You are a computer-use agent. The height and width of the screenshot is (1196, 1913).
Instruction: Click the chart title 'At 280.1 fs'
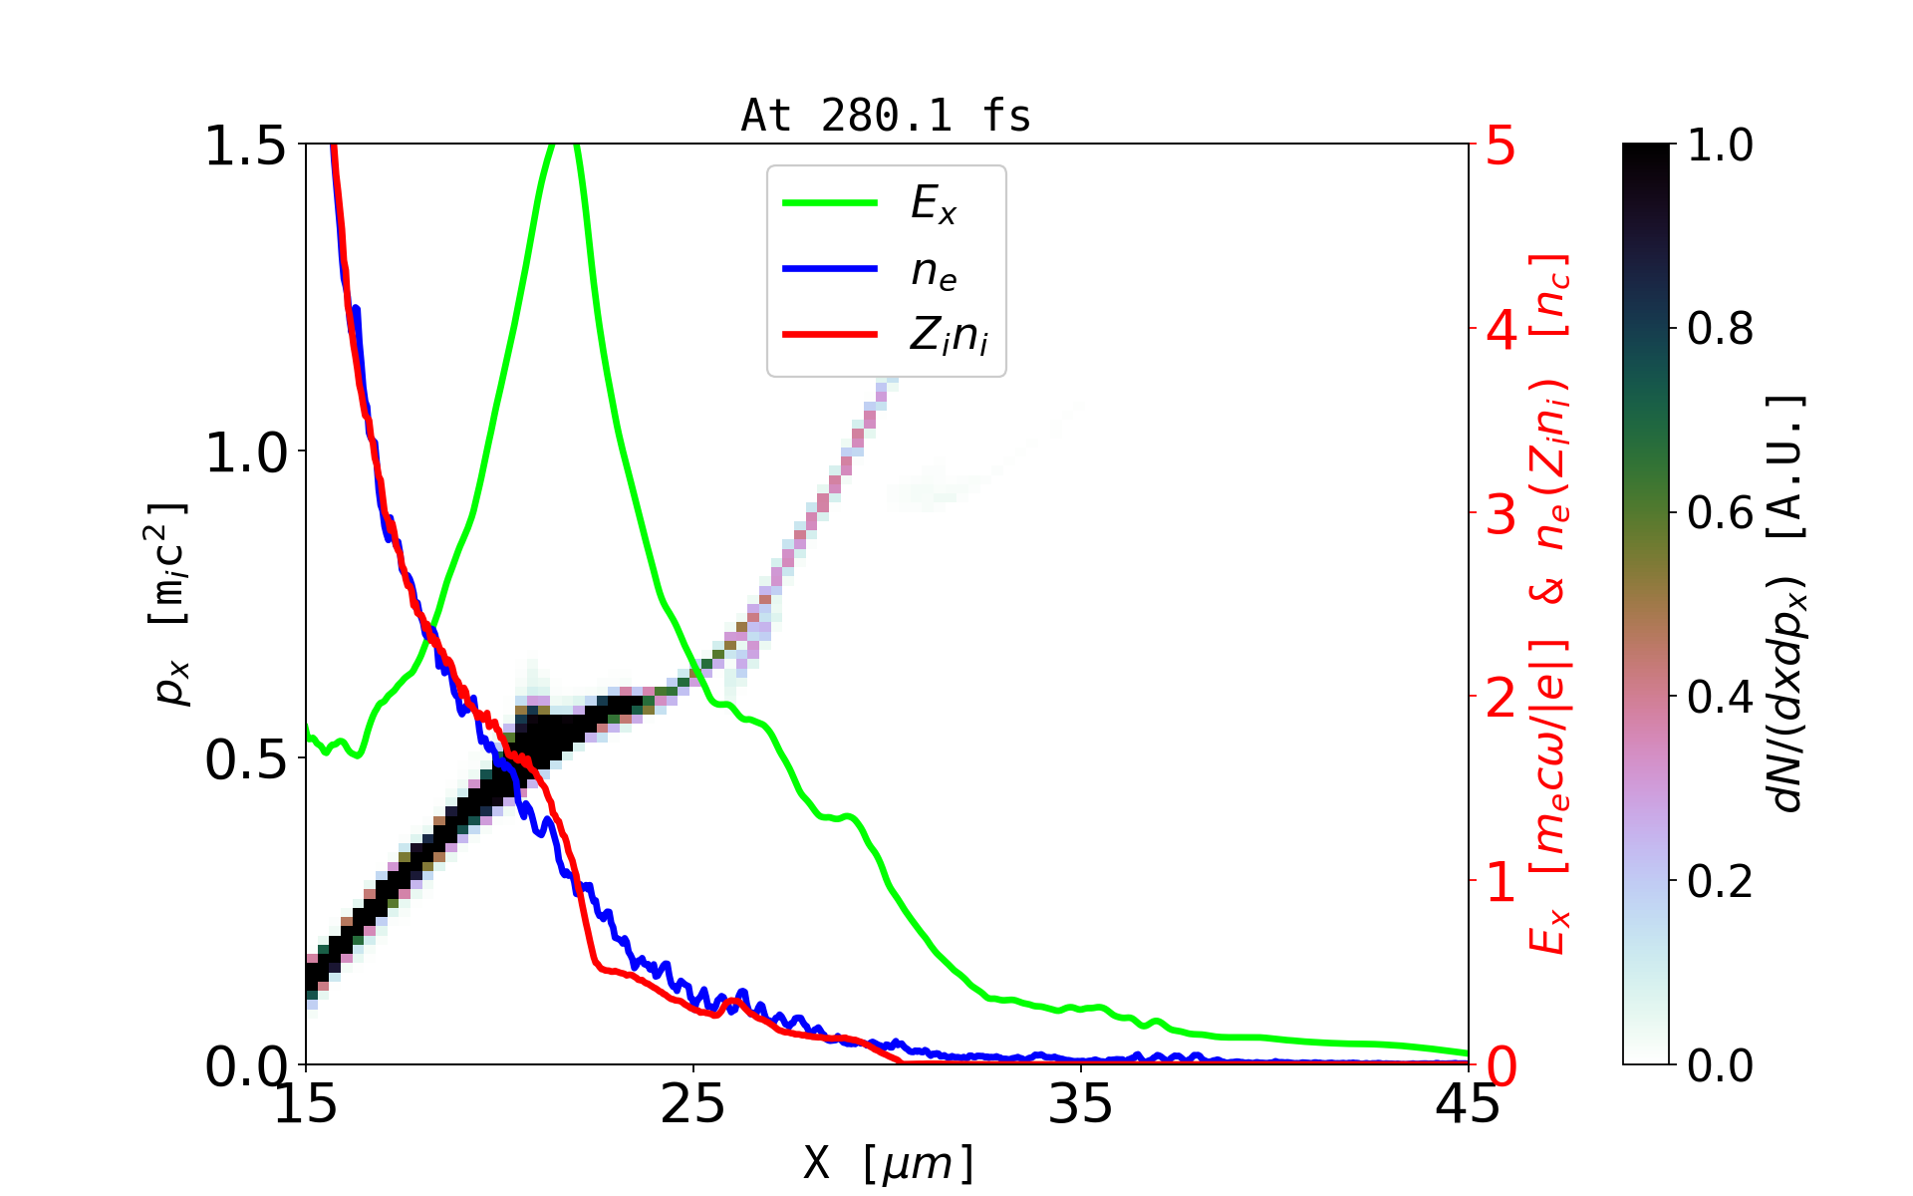pyautogui.click(x=886, y=117)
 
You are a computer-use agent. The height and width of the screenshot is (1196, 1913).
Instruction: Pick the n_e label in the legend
pyautogui.click(x=934, y=271)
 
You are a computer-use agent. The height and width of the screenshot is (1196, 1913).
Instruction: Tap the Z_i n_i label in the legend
pyautogui.click(x=949, y=336)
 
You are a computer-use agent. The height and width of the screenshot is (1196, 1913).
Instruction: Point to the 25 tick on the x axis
pyautogui.click(x=692, y=1103)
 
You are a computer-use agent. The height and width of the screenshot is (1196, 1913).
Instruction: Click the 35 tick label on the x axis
pyautogui.click(x=1081, y=1103)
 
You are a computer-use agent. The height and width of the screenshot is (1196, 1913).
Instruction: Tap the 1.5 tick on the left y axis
pyautogui.click(x=245, y=146)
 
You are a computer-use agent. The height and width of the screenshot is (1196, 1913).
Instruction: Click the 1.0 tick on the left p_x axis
pyautogui.click(x=245, y=452)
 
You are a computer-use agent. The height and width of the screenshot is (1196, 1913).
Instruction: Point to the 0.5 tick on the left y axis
pyautogui.click(x=245, y=760)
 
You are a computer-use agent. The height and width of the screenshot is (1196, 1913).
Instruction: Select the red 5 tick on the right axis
pyautogui.click(x=1501, y=146)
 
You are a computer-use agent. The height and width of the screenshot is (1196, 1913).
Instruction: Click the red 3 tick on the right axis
pyautogui.click(x=1501, y=514)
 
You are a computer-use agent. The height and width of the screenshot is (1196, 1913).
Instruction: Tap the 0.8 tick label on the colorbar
pyautogui.click(x=1720, y=329)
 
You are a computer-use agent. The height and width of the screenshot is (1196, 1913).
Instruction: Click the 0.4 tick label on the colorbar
pyautogui.click(x=1720, y=698)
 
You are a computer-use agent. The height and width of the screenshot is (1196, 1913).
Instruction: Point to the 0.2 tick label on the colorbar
pyautogui.click(x=1720, y=882)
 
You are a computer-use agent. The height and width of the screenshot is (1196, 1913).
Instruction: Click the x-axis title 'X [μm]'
pyautogui.click(x=889, y=1162)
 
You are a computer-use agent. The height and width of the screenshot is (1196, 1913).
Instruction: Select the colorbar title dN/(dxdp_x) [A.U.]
pyautogui.click(x=1787, y=604)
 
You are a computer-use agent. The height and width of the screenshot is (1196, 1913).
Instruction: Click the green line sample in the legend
pyautogui.click(x=830, y=203)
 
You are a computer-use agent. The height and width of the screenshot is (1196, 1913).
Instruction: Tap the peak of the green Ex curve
pyautogui.click(x=562, y=146)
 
